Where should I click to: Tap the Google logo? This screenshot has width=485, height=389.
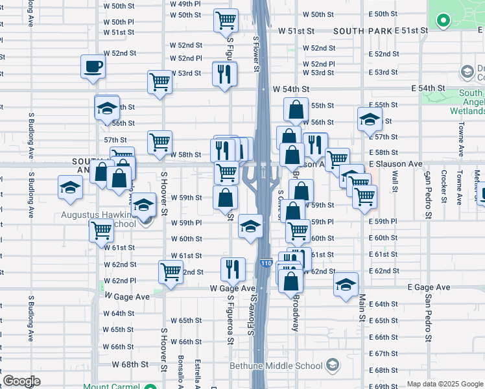21,382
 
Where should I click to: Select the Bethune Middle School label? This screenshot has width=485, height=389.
275,366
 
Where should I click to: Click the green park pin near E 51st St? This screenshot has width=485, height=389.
444,21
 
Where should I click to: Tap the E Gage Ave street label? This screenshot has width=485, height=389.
429,287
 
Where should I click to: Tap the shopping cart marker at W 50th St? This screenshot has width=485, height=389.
226,20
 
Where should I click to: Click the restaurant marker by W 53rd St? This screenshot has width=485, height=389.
225,73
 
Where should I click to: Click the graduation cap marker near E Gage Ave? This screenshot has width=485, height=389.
346,285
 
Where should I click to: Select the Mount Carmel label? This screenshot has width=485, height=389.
111,386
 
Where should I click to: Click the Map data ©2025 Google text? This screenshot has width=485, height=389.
445,384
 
